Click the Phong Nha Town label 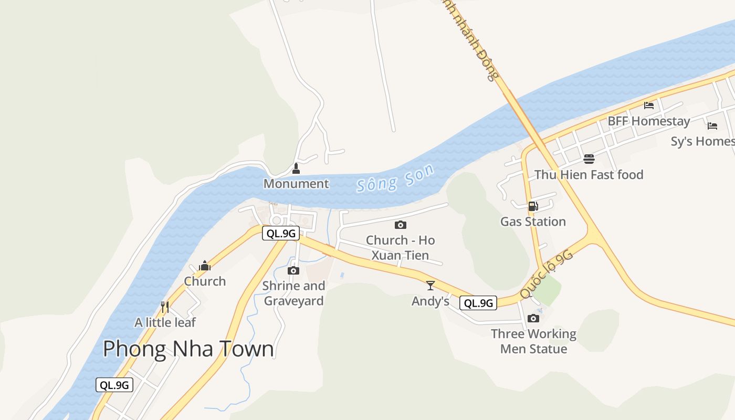click(188, 349)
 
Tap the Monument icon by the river click(296, 169)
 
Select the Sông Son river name click(396, 178)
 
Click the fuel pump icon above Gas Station click(533, 206)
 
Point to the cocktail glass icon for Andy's click(430, 286)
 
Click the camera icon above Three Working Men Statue click(533, 319)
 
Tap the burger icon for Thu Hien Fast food click(589, 159)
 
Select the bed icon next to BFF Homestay click(649, 105)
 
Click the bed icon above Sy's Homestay click(712, 126)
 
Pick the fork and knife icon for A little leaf click(165, 307)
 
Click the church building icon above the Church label click(205, 266)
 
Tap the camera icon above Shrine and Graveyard click(293, 271)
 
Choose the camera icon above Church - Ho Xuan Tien click(401, 225)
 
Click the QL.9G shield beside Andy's click(478, 303)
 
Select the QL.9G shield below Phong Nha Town click(114, 385)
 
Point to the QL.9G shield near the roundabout click(281, 234)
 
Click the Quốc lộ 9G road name click(546, 275)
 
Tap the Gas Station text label click(533, 222)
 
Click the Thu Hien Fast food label click(589, 175)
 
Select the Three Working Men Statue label click(533, 341)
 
